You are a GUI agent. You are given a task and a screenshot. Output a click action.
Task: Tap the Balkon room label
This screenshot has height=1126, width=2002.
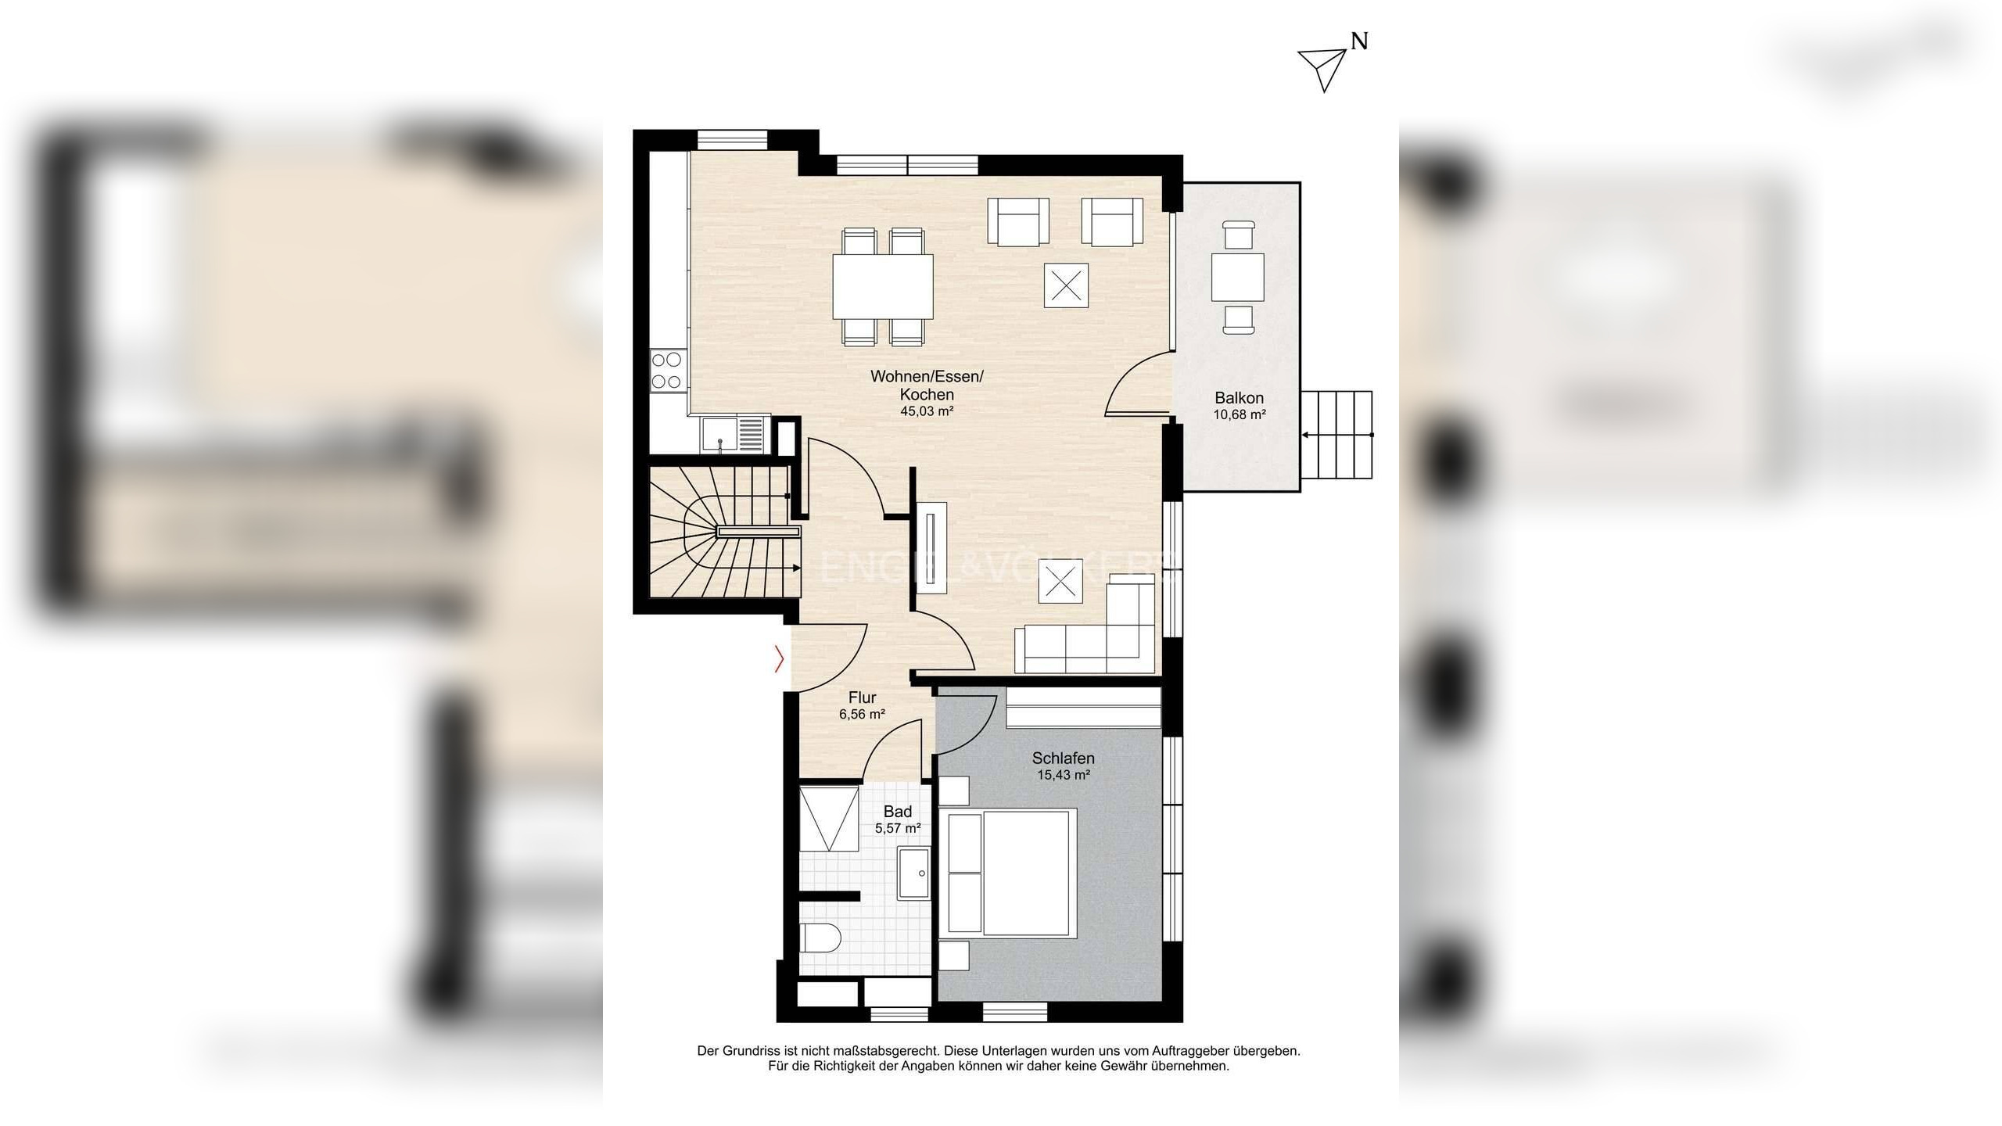point(1240,398)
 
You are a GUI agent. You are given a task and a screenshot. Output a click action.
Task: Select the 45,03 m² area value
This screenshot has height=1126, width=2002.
point(927,411)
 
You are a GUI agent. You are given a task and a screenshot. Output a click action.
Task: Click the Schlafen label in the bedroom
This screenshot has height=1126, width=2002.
point(1064,758)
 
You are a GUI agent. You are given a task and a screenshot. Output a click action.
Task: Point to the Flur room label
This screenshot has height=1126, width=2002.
point(863,697)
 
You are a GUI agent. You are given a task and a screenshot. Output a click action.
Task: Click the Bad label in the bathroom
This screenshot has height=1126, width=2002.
point(898,812)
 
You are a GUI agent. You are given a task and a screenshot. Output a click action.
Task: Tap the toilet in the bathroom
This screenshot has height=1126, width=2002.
point(820,936)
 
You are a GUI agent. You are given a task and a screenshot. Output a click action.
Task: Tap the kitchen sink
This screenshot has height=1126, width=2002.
point(185,436)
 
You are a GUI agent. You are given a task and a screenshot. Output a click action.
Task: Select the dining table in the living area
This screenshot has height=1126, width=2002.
point(883,287)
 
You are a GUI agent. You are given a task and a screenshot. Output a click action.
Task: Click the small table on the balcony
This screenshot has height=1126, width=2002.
point(1238,277)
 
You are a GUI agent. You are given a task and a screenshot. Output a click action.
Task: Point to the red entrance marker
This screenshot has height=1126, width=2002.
point(779,658)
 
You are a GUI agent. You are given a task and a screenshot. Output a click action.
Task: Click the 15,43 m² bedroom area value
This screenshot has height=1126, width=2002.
point(1064,776)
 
